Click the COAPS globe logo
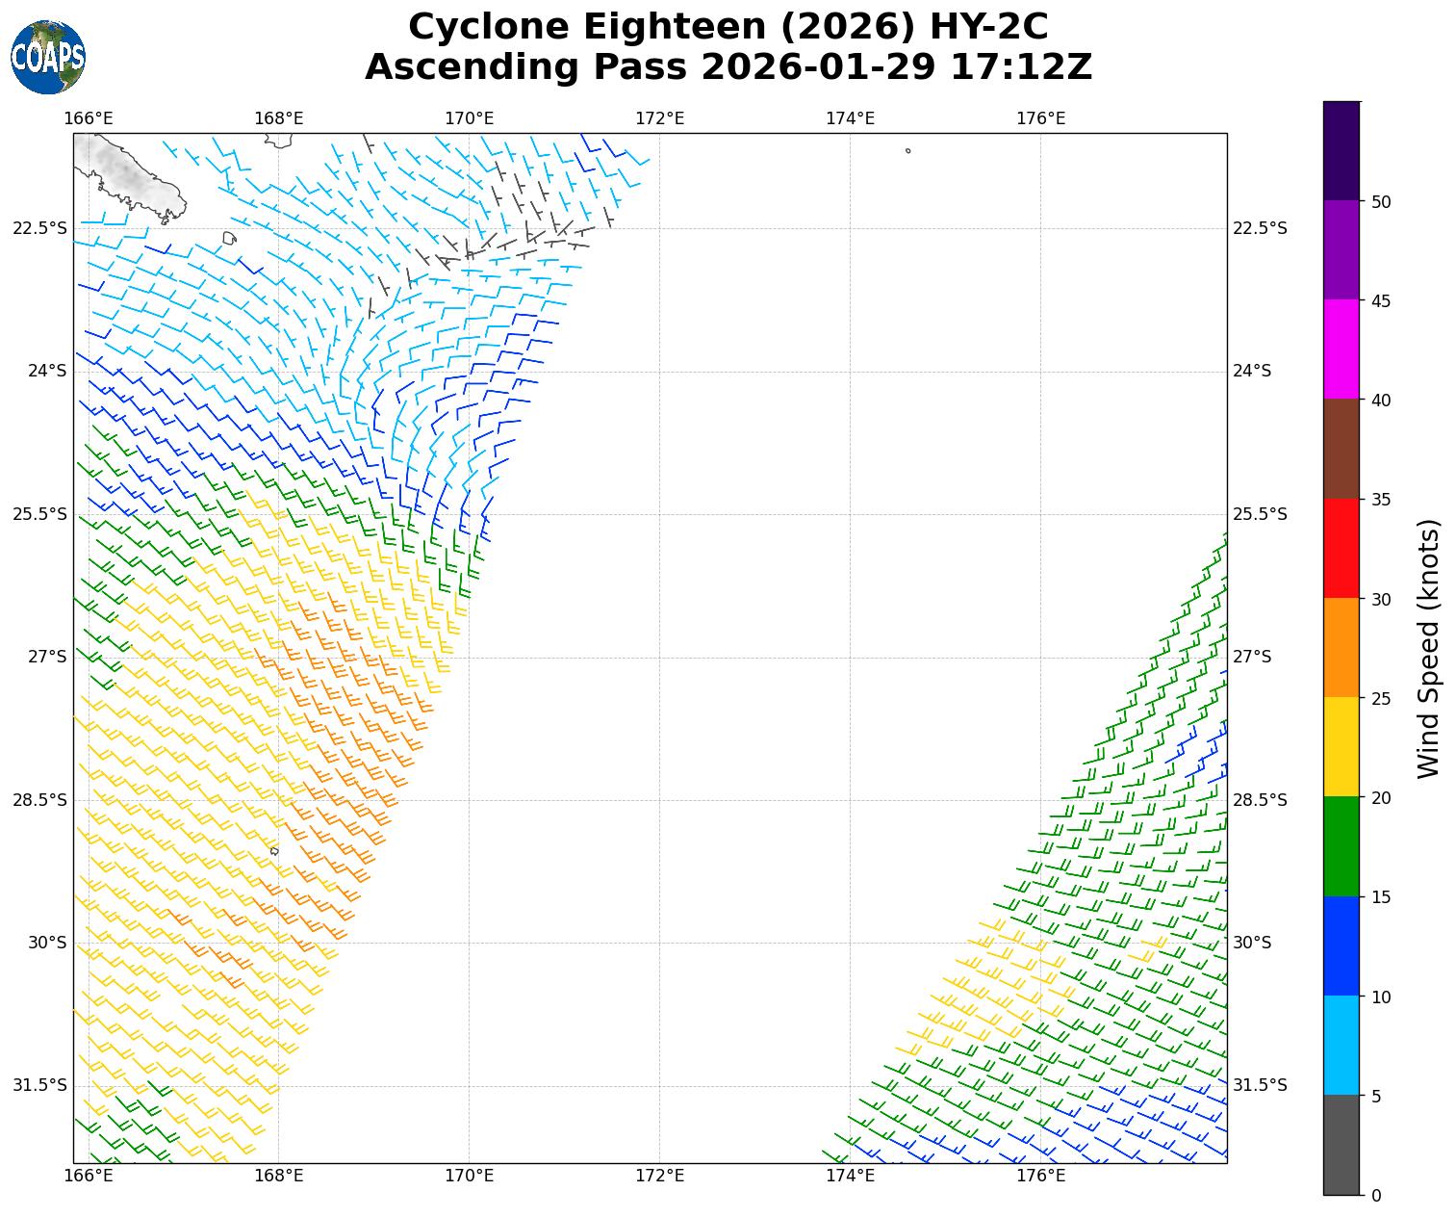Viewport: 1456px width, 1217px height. pos(47,57)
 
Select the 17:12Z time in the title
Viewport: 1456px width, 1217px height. pos(1021,67)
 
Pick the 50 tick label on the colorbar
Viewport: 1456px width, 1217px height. pos(1380,201)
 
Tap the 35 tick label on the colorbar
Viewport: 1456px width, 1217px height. pos(1380,500)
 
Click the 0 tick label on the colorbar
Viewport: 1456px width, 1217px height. pos(1375,1195)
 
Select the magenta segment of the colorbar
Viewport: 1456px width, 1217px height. pos(1341,349)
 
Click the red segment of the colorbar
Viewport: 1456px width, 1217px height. pos(1341,548)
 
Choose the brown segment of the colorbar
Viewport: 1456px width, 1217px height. pos(1341,449)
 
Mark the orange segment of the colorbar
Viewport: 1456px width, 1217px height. pos(1341,647)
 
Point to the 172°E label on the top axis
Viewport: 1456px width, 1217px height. pos(659,118)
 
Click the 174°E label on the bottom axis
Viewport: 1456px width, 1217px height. pos(850,1176)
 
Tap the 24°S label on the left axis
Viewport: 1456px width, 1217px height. pos(47,371)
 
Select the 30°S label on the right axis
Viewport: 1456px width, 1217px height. pos(1252,943)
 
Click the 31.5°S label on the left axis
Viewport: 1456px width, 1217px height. pos(39,1085)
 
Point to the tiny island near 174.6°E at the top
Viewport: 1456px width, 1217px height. pos(907,150)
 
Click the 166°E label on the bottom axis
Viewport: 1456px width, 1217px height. pos(89,1176)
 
